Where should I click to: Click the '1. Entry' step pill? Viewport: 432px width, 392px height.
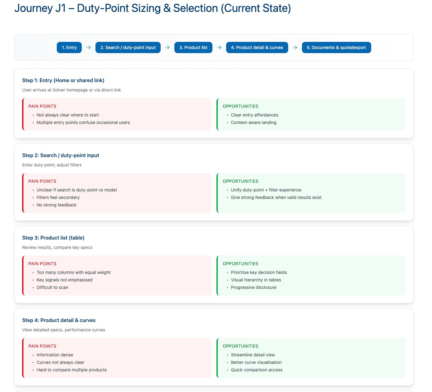69,47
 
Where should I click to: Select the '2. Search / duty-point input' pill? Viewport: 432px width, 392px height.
128,47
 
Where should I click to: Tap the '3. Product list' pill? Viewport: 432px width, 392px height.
193,47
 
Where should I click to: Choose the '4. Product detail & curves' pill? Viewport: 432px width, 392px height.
257,47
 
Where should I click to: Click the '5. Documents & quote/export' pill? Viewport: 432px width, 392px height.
336,47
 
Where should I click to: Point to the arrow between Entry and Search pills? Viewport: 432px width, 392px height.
89,47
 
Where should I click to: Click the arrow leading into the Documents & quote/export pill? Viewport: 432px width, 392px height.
295,47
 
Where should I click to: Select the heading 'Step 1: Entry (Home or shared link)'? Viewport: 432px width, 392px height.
63,80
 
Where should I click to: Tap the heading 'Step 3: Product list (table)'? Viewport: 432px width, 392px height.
53,238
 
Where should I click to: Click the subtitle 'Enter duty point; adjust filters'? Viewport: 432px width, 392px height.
52,165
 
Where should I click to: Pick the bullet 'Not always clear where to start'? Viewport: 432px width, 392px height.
68,115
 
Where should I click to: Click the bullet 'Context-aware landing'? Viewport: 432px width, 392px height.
254,122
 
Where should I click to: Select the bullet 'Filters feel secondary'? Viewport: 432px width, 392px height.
58,197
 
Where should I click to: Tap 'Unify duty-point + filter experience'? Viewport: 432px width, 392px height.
266,190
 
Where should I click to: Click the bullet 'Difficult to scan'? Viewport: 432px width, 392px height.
52,287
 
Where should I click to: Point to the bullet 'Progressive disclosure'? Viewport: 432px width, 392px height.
254,287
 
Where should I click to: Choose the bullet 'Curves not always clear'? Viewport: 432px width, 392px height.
61,362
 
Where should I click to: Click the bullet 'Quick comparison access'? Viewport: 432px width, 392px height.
257,370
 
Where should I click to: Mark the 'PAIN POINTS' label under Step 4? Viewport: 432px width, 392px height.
42,346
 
